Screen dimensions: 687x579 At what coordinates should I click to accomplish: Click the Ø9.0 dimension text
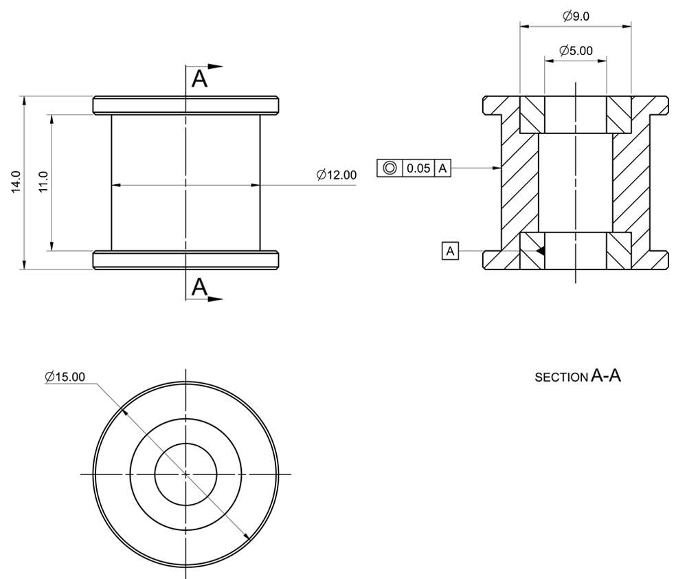(x=576, y=17)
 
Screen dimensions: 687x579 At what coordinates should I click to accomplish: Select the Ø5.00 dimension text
(x=576, y=50)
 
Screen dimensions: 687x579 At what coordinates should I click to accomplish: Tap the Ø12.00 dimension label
(x=337, y=175)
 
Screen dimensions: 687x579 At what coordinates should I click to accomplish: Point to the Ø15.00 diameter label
(x=65, y=377)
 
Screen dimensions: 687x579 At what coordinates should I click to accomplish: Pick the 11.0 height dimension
(x=43, y=182)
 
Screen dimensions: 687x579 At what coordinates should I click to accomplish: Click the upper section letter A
(x=199, y=79)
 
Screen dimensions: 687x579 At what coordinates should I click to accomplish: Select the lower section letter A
(x=199, y=287)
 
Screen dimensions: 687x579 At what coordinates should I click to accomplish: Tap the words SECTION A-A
(x=578, y=376)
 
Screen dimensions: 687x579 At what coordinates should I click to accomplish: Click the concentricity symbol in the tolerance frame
(x=390, y=168)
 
